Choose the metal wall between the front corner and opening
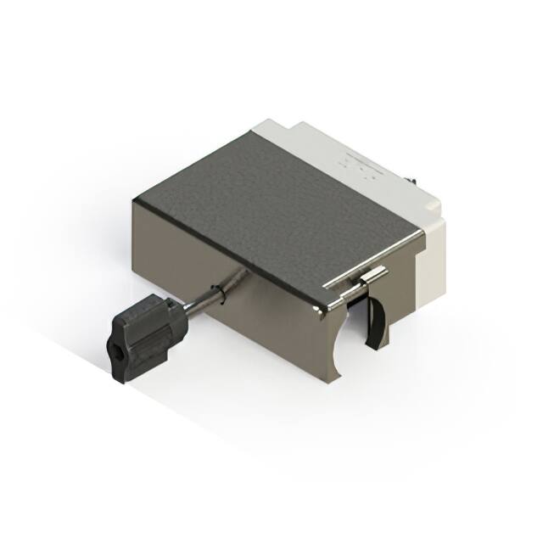pyautogui.click(x=327, y=339)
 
